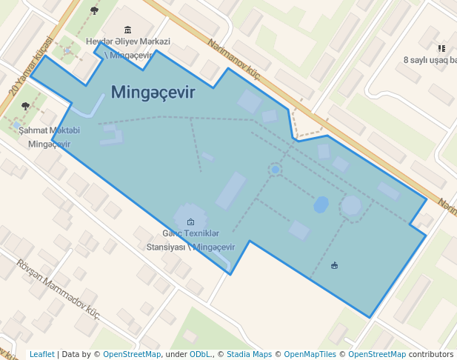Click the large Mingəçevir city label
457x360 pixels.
point(153,93)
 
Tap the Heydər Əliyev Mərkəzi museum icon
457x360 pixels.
point(128,30)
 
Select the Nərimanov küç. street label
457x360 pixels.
point(236,59)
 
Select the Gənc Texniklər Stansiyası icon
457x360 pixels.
point(190,221)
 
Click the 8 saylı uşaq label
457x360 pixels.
point(430,59)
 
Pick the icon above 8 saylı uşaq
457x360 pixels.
point(441,48)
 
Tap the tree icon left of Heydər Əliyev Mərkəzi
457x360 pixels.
point(94,10)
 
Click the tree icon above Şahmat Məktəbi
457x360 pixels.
point(26,106)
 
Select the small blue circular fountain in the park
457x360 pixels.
point(276,170)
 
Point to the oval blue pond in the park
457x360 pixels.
point(321,204)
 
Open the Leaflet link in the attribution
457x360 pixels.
point(41,355)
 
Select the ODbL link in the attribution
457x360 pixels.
point(201,355)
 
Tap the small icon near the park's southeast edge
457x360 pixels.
point(335,265)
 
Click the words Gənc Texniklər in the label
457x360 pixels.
point(190,233)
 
